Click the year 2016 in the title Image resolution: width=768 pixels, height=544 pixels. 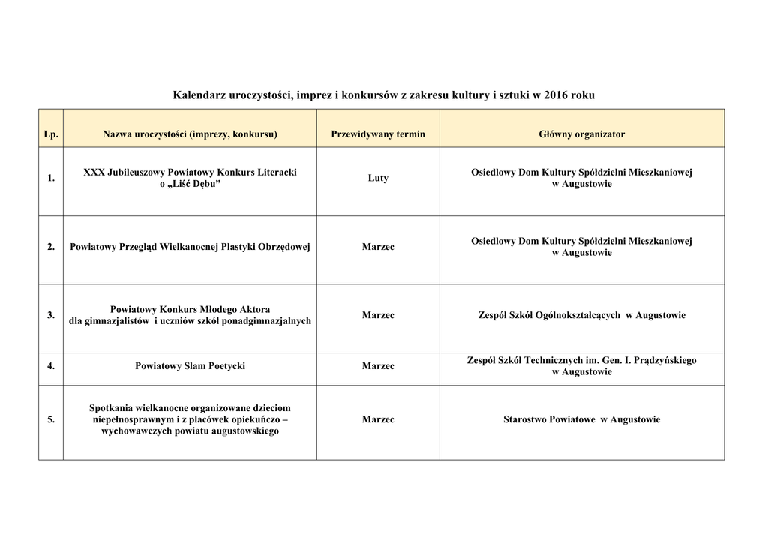[x=555, y=95]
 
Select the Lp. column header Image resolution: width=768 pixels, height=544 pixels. [x=51, y=134]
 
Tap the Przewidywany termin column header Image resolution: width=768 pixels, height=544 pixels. [x=378, y=134]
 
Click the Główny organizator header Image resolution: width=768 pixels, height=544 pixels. [x=581, y=134]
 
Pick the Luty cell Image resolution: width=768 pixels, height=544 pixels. [x=378, y=179]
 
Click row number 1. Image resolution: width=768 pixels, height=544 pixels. [x=51, y=179]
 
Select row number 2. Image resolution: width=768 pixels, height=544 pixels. [x=51, y=247]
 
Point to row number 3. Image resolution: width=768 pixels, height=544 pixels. [x=51, y=316]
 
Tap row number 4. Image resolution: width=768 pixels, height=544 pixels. [x=51, y=367]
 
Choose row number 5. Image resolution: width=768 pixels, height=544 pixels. [x=51, y=420]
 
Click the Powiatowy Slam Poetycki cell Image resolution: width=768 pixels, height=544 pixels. [x=190, y=367]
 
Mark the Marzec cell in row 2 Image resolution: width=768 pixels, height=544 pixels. [x=378, y=247]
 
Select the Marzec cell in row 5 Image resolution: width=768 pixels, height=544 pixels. [x=378, y=420]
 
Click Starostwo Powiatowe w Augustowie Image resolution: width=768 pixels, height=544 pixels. [x=581, y=420]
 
